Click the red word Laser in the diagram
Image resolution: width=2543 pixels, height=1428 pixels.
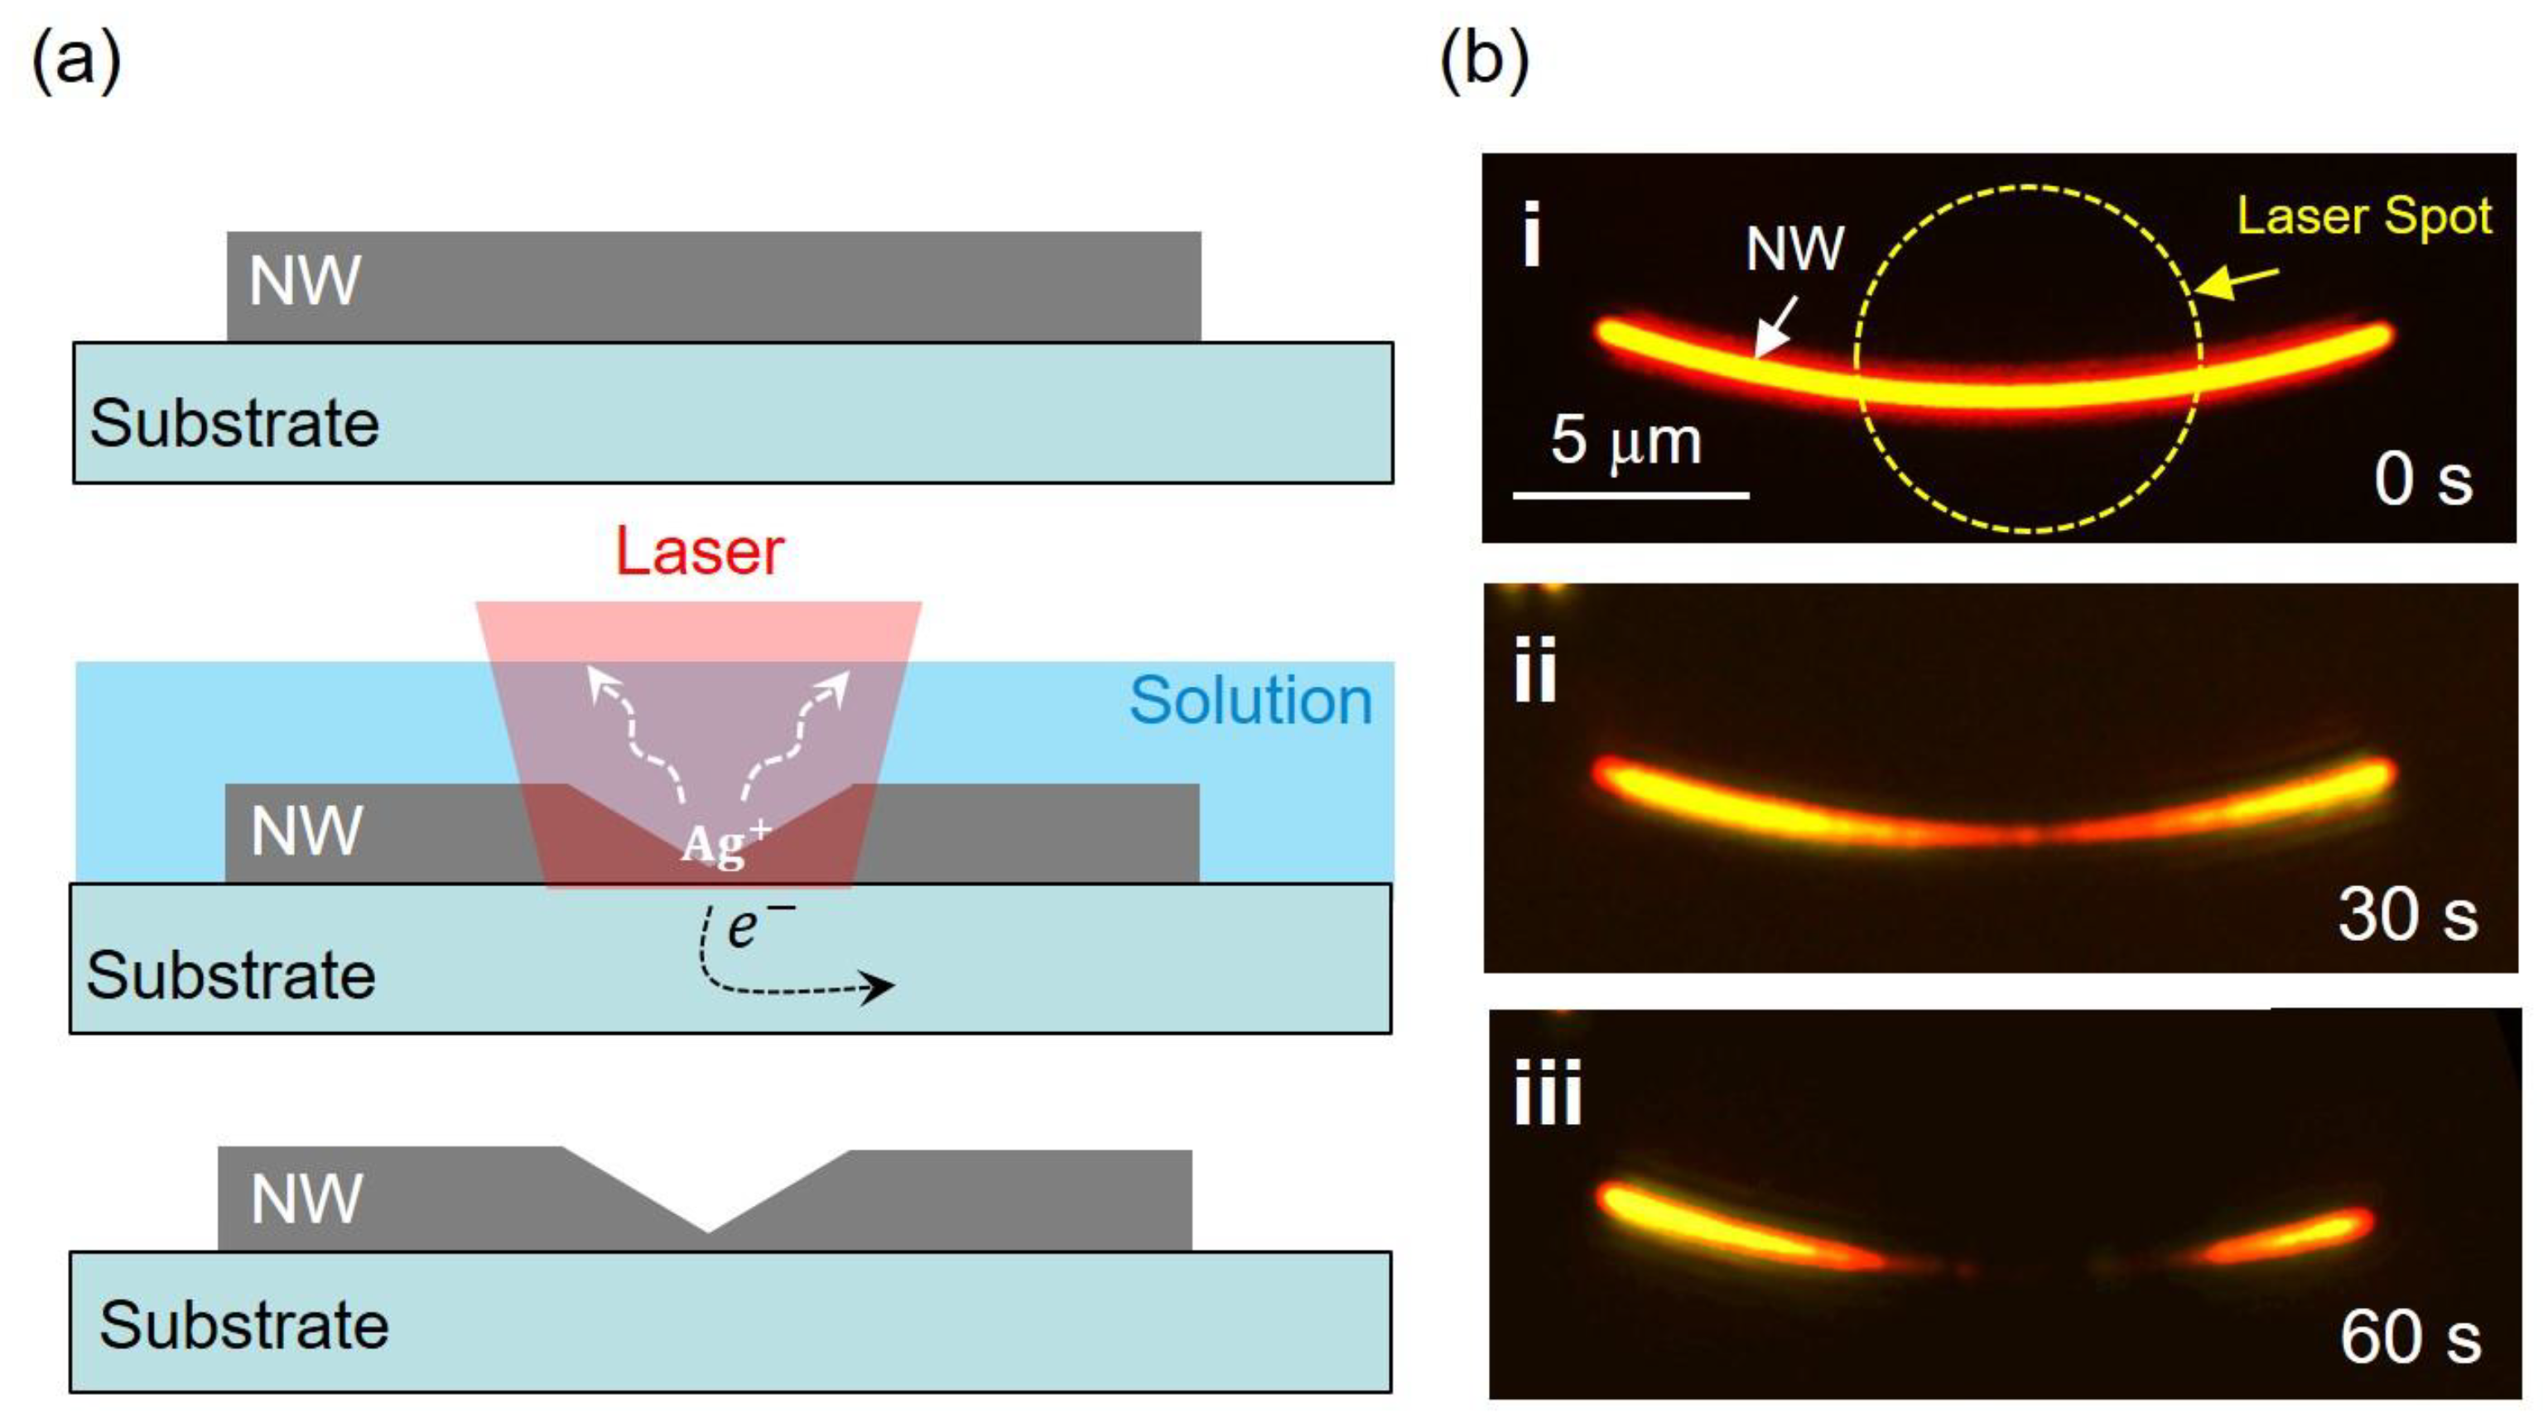tap(699, 551)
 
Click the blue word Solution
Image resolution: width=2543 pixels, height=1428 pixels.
tap(1250, 702)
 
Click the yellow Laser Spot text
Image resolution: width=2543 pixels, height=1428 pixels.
tap(2363, 217)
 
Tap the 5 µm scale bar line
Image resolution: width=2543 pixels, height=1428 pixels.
tap(1630, 494)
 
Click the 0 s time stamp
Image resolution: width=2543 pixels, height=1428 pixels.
tap(2423, 481)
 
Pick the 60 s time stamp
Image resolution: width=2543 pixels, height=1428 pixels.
tap(2409, 1339)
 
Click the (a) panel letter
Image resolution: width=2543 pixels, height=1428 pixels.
tap(77, 61)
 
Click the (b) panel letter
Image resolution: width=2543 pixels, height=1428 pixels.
tap(1484, 61)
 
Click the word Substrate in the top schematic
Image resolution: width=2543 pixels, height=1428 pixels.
tap(234, 423)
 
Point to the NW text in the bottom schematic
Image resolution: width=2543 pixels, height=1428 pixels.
tap(306, 1199)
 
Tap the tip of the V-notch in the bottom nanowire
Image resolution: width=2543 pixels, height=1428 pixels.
tap(707, 1229)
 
